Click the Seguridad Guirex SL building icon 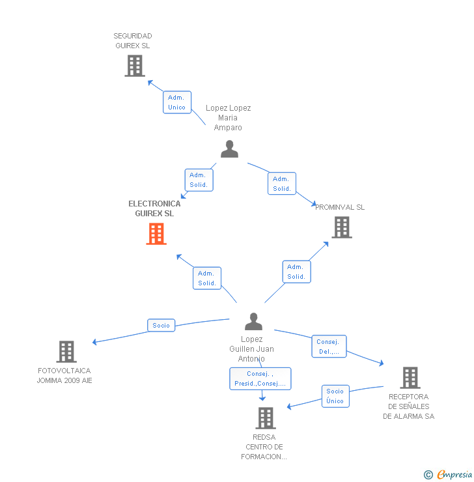pyautogui.click(x=135, y=66)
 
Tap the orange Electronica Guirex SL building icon pyautogui.click(x=156, y=234)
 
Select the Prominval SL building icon pyautogui.click(x=342, y=227)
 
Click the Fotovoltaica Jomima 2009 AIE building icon pyautogui.click(x=66, y=352)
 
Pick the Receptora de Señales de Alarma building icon pyautogui.click(x=410, y=378)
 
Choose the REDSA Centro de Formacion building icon pyautogui.click(x=266, y=418)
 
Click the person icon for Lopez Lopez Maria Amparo pyautogui.click(x=229, y=149)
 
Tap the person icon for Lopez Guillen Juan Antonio pyautogui.click(x=253, y=322)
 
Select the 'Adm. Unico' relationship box pyautogui.click(x=177, y=102)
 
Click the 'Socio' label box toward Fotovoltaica pyautogui.click(x=161, y=325)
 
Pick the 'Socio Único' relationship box pyautogui.click(x=335, y=396)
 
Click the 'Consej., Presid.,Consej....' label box pyautogui.click(x=260, y=378)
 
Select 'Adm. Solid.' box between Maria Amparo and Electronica pyautogui.click(x=198, y=180)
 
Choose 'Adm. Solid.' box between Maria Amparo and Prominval pyautogui.click(x=282, y=184)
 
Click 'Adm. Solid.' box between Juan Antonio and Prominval pyautogui.click(x=296, y=272)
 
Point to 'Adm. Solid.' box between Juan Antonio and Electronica pyautogui.click(x=207, y=278)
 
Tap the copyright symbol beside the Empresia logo pyautogui.click(x=428, y=475)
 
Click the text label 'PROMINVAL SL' pyautogui.click(x=340, y=207)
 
